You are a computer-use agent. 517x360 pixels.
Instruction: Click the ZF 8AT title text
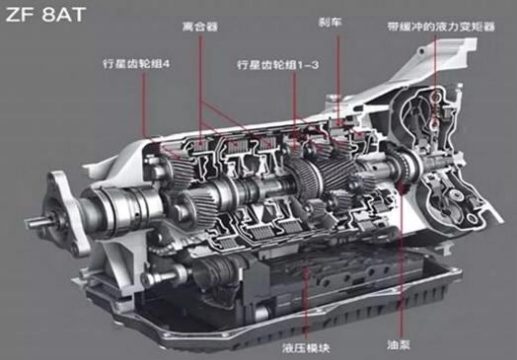[45, 15]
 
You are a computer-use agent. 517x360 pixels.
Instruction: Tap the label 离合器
[200, 27]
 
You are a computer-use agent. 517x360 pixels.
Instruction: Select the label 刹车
[331, 22]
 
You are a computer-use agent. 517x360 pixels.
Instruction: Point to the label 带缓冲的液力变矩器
[441, 27]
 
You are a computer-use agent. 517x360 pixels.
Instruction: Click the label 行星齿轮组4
[136, 64]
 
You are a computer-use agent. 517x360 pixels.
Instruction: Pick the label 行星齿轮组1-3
[277, 65]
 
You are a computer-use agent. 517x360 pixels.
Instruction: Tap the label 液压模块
[306, 348]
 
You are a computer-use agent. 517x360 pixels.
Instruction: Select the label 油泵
[399, 345]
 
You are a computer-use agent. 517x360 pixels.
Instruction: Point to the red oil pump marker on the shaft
[402, 187]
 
